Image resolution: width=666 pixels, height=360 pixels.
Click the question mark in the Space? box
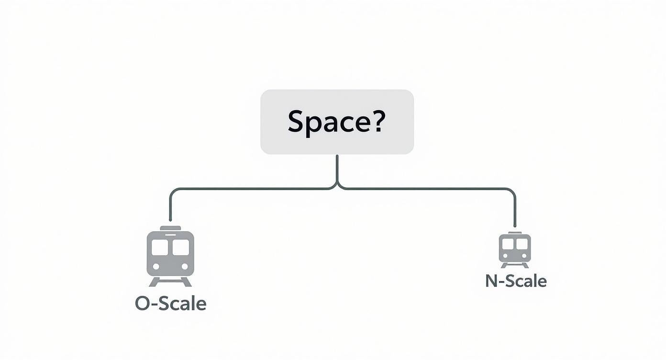click(x=376, y=122)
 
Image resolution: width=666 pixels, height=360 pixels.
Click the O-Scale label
click(x=170, y=304)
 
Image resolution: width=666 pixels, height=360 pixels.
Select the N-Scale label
click(x=516, y=281)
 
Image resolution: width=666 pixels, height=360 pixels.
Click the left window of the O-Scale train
click(x=160, y=247)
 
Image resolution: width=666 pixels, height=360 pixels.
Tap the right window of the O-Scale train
click(x=181, y=247)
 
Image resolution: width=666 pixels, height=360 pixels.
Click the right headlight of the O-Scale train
click(x=185, y=267)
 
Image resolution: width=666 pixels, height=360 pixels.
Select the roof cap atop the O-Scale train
click(x=170, y=228)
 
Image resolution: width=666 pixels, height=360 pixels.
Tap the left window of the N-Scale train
click(x=508, y=244)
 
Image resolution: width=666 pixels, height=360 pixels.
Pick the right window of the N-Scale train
click(x=522, y=244)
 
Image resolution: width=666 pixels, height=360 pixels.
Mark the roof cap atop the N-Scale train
click(x=515, y=233)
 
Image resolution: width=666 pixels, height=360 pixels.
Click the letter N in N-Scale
click(x=491, y=281)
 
